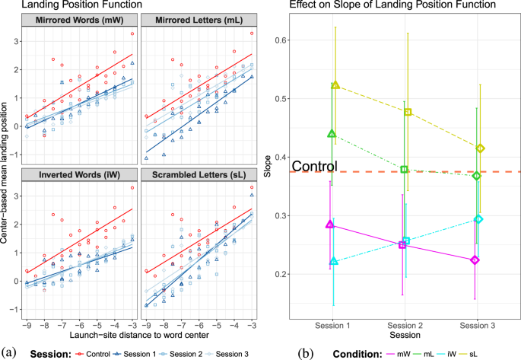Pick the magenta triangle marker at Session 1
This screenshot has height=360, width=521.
coord(329,225)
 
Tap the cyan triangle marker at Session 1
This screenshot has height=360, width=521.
coord(334,262)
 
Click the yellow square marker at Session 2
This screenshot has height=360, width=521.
coord(408,112)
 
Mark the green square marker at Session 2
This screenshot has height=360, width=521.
coord(405,170)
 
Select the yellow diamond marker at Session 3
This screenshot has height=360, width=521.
coord(481,148)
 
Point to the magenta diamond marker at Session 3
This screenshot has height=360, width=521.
coord(475,260)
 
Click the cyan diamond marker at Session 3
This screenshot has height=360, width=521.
coord(479,219)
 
